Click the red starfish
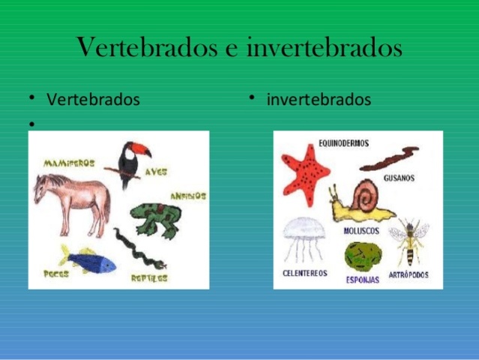point(305,172)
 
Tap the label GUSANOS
point(398,179)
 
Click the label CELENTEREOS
point(304,274)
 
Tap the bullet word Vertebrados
point(93,100)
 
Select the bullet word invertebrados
point(319,100)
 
